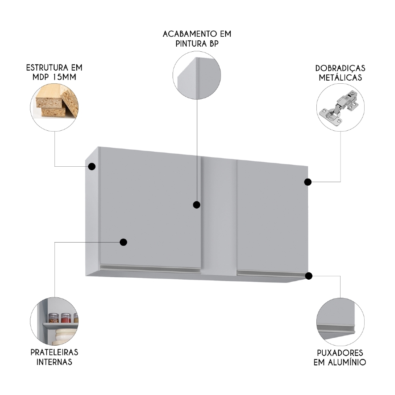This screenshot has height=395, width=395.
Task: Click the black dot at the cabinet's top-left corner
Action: (x=92, y=167)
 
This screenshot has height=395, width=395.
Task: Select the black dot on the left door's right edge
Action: (x=196, y=205)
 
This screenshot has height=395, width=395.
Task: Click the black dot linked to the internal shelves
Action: (x=124, y=242)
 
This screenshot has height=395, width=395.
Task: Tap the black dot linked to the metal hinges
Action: (x=308, y=182)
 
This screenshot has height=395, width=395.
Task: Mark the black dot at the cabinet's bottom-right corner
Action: (x=309, y=276)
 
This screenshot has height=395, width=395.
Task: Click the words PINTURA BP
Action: (x=197, y=44)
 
